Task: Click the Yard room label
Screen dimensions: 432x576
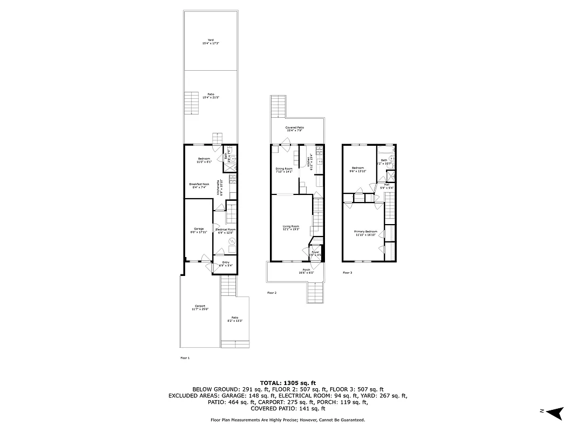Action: [211, 41]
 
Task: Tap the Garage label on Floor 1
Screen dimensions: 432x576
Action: [199, 230]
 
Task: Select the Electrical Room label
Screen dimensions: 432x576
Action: [226, 231]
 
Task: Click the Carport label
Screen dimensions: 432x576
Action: [200, 308]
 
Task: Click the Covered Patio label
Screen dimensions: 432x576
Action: [299, 129]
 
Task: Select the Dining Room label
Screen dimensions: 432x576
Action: [284, 171]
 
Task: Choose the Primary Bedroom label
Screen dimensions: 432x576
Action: [367, 233]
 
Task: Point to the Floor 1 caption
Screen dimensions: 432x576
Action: [185, 357]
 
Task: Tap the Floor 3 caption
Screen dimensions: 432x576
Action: [347, 273]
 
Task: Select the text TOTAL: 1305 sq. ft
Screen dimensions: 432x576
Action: [288, 382]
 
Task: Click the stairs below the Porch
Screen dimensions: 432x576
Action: [315, 293]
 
